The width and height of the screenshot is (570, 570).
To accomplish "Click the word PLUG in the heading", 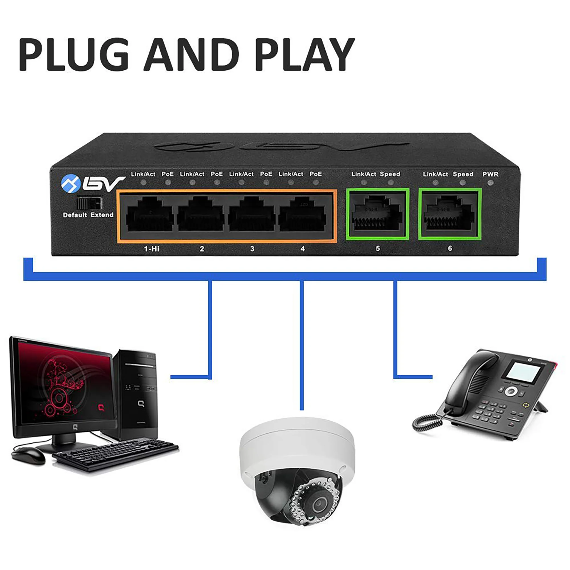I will tap(74, 55).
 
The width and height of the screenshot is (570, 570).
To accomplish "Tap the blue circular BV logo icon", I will tap(70, 183).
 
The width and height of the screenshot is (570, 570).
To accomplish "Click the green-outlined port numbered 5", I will tap(377, 214).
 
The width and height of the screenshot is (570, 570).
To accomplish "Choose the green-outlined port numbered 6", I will tap(450, 214).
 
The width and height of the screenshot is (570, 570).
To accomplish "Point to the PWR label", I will tap(490, 174).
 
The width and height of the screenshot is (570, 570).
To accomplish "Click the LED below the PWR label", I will tap(491, 183).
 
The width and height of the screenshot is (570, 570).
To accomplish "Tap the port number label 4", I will tap(303, 249).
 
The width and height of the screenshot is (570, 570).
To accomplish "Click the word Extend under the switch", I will tap(102, 215).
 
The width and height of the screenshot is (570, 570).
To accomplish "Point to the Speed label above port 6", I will tap(463, 174).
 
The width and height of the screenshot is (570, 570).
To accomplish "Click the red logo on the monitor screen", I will tap(101, 408).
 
